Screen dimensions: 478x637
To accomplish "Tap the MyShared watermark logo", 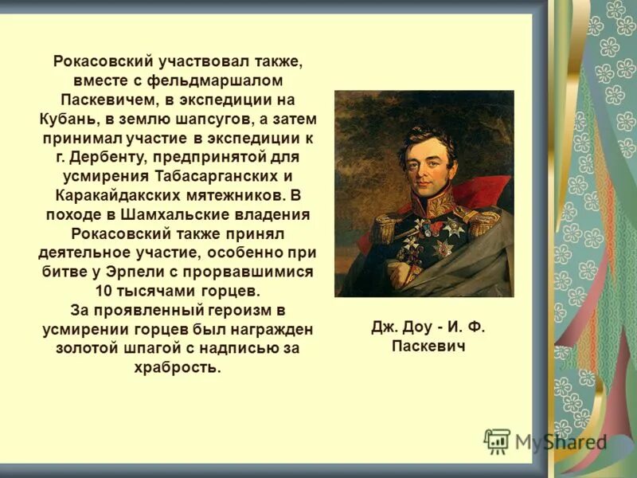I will pos(545,441).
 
